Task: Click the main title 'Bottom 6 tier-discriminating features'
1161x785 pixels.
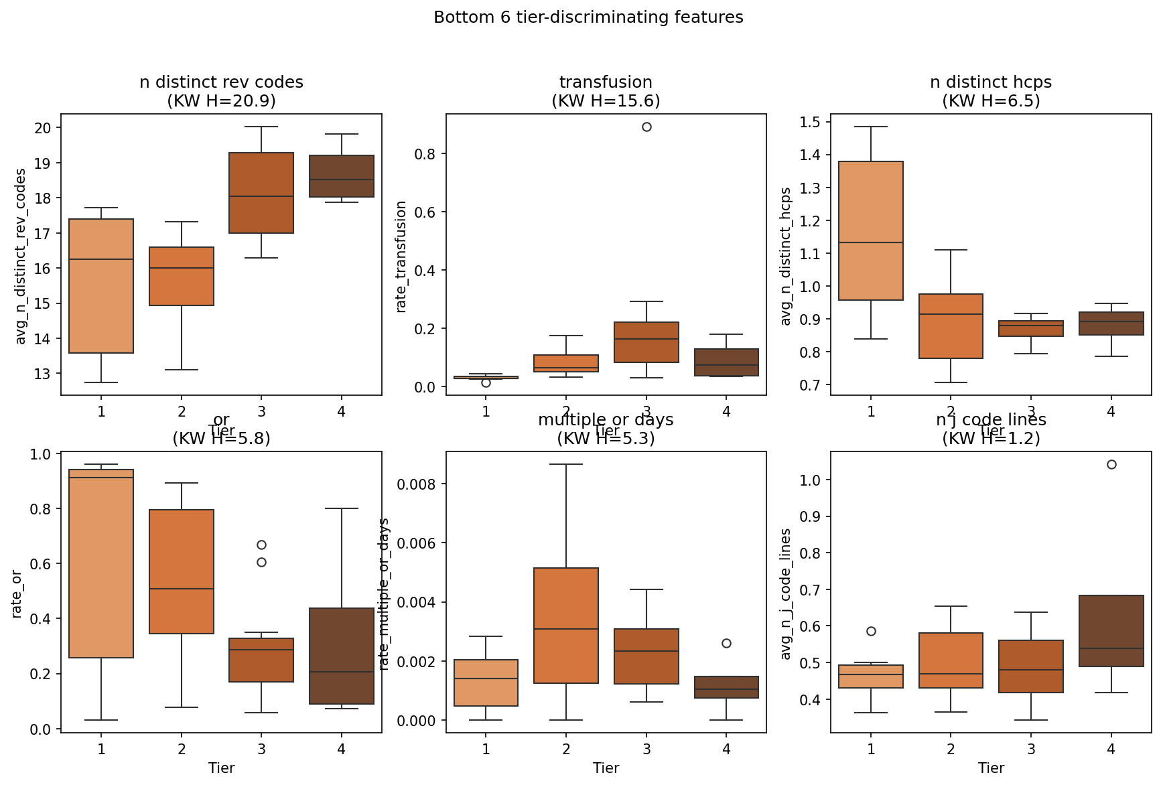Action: (588, 17)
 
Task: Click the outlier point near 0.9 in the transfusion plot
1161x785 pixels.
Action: (646, 127)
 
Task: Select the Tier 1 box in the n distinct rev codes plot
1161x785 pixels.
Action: (101, 286)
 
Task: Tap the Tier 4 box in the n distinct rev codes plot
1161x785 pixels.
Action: (342, 176)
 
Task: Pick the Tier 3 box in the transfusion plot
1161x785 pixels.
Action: (646, 342)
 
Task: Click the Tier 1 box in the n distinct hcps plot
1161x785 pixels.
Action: (871, 230)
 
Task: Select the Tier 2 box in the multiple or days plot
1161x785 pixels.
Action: (566, 626)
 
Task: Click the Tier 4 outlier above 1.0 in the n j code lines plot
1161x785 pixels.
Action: (1111, 465)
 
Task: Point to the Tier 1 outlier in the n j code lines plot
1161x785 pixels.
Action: (871, 631)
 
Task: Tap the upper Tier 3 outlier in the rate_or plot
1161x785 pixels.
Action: (261, 545)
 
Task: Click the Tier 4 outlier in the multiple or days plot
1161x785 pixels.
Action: (726, 643)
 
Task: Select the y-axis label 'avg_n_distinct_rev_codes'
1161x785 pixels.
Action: (21, 256)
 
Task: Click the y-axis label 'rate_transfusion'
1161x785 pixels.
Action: (401, 257)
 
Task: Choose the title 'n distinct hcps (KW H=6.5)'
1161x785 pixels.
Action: (991, 91)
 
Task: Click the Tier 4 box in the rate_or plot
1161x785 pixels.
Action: (342, 656)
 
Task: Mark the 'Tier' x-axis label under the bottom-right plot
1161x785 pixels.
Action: (991, 768)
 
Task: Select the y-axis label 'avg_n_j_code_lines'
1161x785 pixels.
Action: (787, 593)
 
